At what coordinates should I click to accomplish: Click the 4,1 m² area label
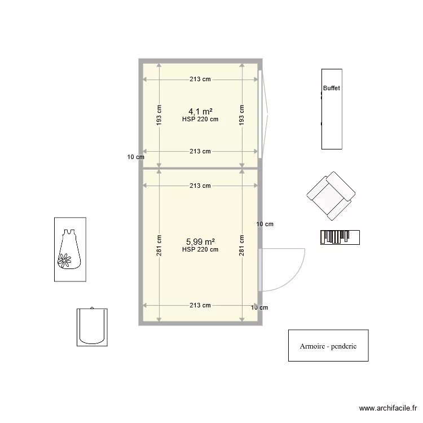tap(200, 111)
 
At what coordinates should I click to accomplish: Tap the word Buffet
tap(332, 89)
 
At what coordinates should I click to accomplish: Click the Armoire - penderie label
tap(328, 346)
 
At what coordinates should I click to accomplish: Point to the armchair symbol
tap(331, 196)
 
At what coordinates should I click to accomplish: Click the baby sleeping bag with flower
tap(70, 249)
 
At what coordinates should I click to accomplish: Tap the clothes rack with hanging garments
tap(340, 237)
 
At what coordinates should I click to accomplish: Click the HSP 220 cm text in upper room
tap(200, 120)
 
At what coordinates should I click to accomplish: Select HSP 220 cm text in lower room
tap(200, 249)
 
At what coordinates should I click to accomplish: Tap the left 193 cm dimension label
tap(159, 115)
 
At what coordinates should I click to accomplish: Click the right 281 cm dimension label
tap(241, 245)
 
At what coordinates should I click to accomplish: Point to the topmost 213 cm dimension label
tap(200, 80)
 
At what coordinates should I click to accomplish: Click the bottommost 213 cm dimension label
tap(200, 305)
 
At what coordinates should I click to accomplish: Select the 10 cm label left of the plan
tap(135, 157)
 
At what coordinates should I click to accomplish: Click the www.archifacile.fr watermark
tap(389, 408)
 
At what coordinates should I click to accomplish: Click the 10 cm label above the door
tap(265, 224)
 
